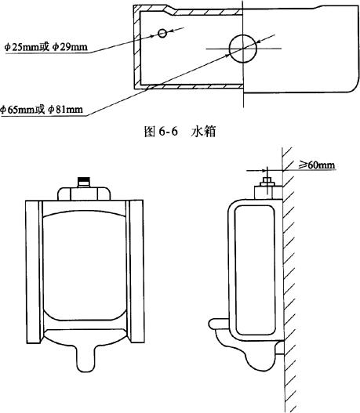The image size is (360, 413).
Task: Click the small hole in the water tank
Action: point(162,33)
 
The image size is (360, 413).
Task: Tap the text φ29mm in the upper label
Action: point(70,47)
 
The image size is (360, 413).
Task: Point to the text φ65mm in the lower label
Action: point(18,109)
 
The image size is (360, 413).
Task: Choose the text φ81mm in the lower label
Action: point(65,109)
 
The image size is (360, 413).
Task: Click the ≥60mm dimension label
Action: point(317,165)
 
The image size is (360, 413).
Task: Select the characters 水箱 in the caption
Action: point(203,131)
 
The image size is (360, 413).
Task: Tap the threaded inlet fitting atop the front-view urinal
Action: point(84,183)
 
